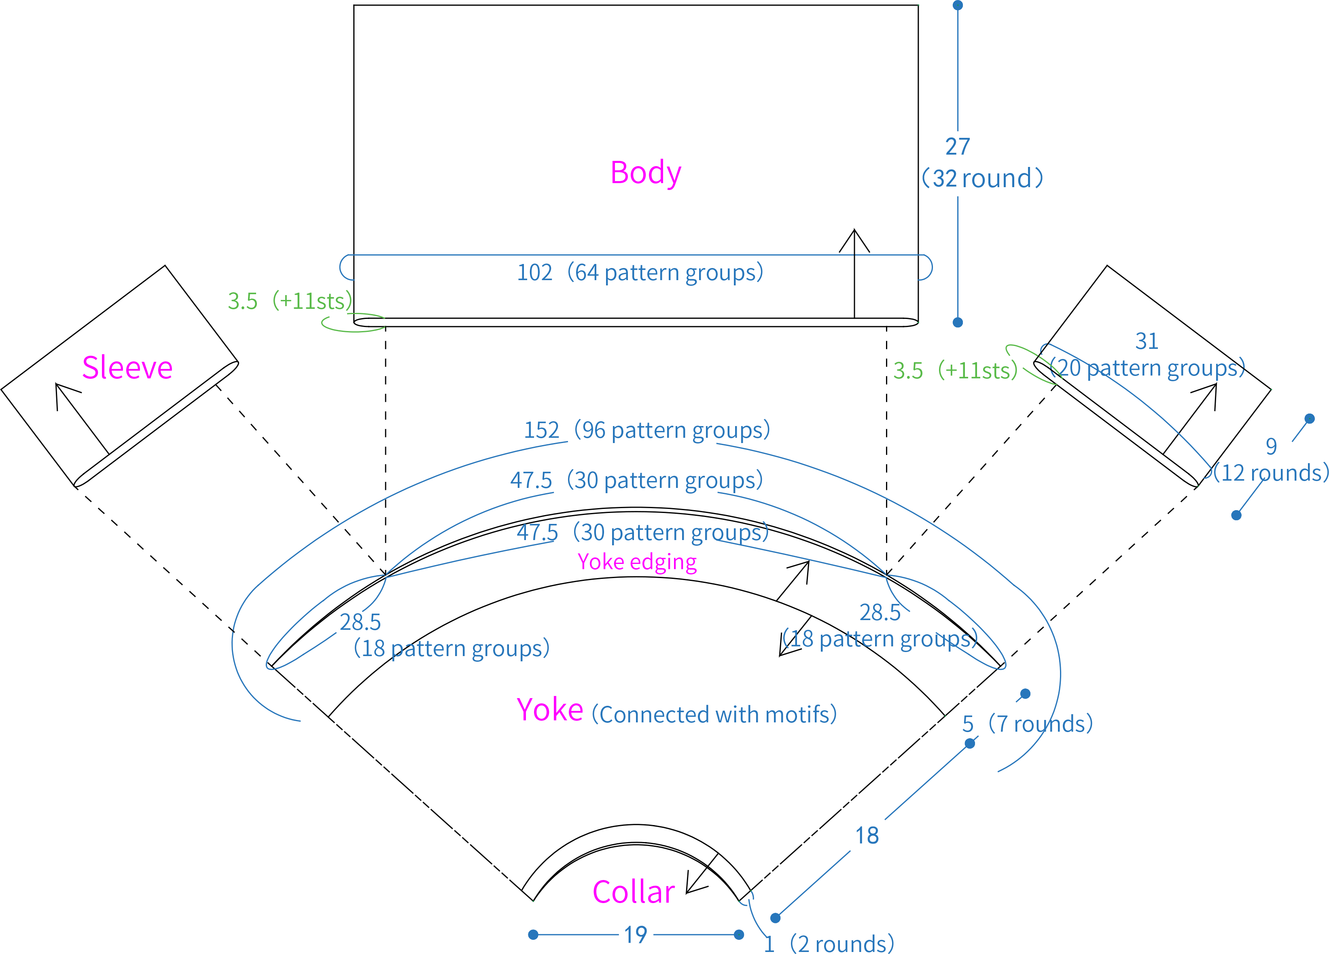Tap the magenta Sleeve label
[x=127, y=368]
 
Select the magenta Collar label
[x=634, y=892]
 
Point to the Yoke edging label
[x=637, y=561]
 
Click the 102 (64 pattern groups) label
[x=640, y=272]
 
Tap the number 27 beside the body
[x=958, y=146]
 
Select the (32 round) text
[x=983, y=178]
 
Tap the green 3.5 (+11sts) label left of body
[x=290, y=301]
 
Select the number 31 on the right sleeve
[x=1147, y=341]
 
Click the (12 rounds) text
[x=1270, y=473]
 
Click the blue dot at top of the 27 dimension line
[x=958, y=5]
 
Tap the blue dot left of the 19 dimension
[x=533, y=935]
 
